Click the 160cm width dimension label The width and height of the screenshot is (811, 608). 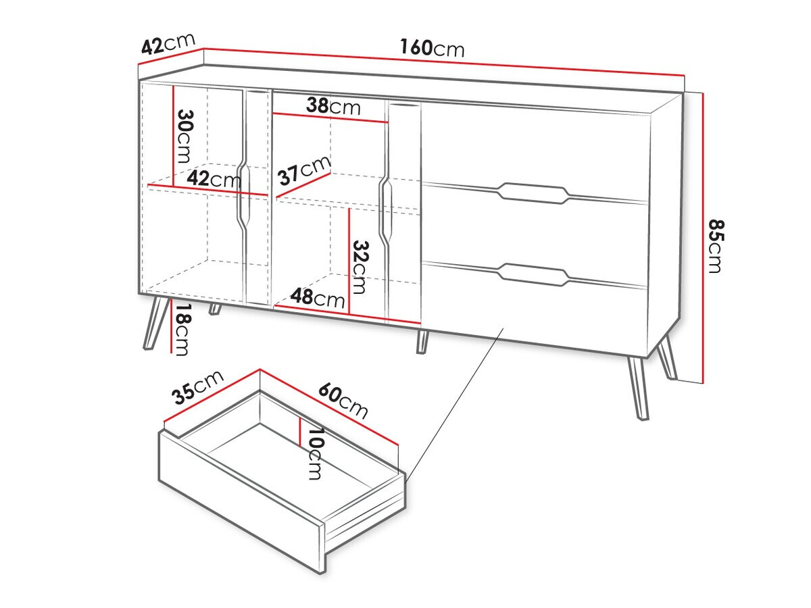pyautogui.click(x=432, y=48)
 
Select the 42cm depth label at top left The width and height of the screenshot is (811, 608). pyautogui.click(x=168, y=46)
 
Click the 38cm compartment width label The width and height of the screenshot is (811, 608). pyautogui.click(x=333, y=106)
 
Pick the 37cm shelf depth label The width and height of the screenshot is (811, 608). pyautogui.click(x=305, y=171)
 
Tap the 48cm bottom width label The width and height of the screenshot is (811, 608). pyautogui.click(x=318, y=297)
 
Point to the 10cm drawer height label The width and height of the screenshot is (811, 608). pyautogui.click(x=314, y=453)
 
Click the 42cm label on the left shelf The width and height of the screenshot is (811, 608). pyautogui.click(x=214, y=179)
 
